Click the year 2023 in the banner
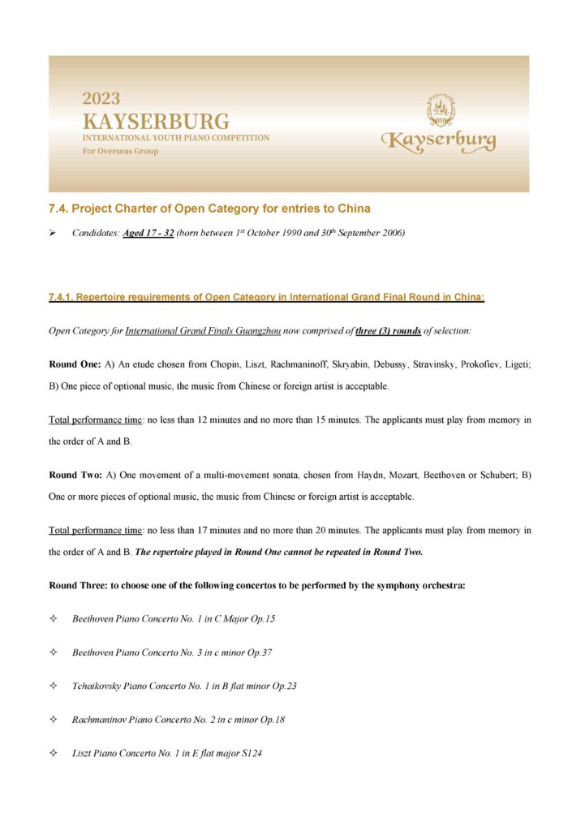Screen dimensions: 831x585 [x=101, y=99]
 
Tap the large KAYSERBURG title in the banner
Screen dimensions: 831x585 [x=156, y=122]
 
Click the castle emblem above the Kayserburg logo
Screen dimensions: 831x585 [x=441, y=109]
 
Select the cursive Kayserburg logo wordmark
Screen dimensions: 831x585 [x=439, y=141]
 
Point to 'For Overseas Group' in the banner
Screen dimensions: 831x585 [x=120, y=152]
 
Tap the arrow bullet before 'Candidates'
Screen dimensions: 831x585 [x=53, y=234]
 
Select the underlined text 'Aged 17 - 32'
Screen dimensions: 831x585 [x=148, y=234]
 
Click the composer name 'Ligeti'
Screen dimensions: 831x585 [x=516, y=364]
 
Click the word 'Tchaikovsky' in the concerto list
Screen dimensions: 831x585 [x=97, y=686]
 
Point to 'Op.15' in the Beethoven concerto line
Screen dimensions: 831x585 [x=264, y=619]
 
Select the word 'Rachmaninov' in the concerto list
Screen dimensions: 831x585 [x=99, y=719]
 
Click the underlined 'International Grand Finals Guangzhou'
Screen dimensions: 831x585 [x=198, y=331]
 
